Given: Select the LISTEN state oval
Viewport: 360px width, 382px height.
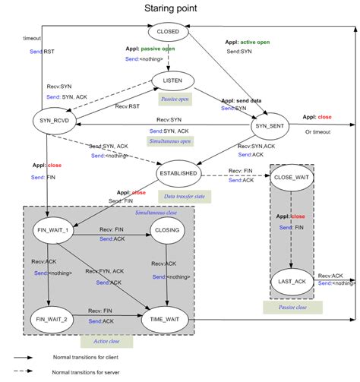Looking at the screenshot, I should [168, 81].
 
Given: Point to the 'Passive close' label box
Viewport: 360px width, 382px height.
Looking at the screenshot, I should [292, 307].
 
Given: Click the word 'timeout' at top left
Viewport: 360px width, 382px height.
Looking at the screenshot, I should [33, 37].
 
